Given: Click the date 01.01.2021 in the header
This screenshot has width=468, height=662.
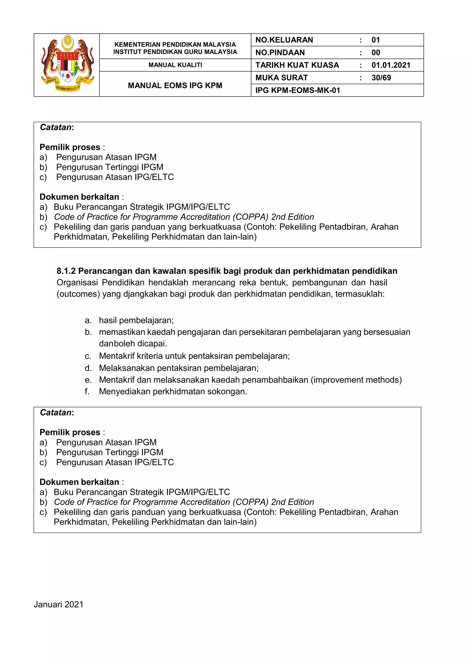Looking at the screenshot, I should click(x=391, y=65).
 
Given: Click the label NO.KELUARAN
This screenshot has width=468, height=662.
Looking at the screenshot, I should click(x=284, y=40).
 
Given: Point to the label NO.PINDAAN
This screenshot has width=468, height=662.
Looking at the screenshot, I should click(x=280, y=53).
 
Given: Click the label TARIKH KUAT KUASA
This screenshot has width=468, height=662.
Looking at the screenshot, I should click(x=297, y=65).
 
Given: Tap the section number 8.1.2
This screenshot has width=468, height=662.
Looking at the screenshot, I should click(x=66, y=271).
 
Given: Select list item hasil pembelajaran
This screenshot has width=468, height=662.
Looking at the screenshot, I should click(x=136, y=320).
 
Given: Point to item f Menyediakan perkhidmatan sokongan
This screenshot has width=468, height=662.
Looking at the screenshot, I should click(x=173, y=392).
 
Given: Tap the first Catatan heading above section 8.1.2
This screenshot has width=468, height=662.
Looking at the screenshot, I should click(x=57, y=128).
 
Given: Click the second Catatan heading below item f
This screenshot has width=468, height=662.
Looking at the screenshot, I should click(x=57, y=413).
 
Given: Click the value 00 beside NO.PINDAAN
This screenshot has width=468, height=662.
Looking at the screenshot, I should click(x=375, y=53).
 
